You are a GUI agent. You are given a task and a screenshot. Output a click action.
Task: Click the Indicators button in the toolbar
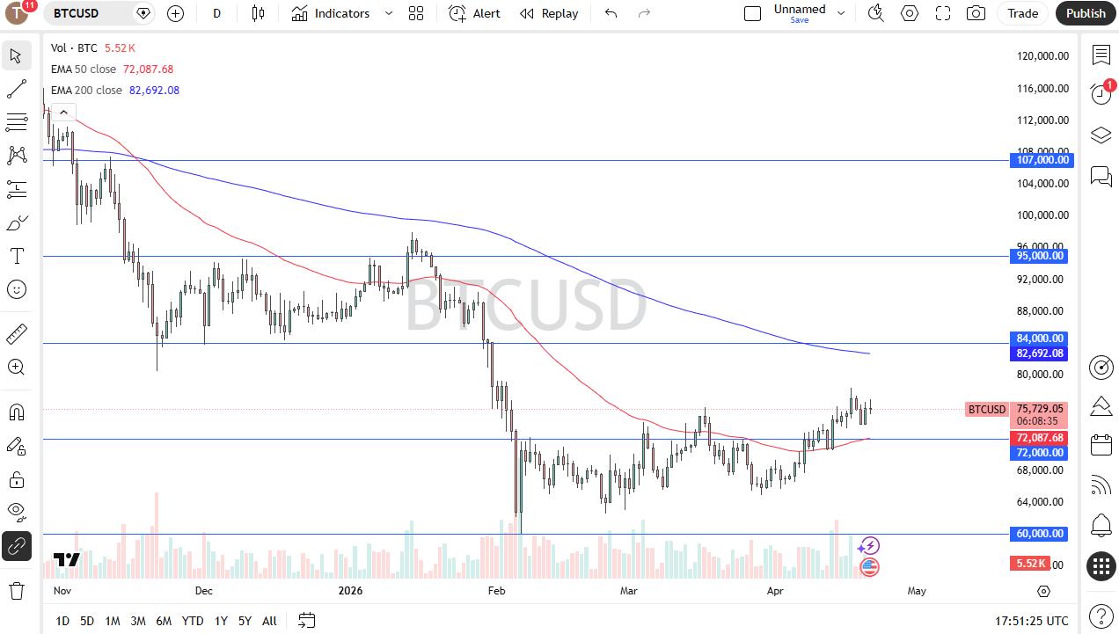tap(331, 13)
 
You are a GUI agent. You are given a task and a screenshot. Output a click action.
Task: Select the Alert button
tap(474, 13)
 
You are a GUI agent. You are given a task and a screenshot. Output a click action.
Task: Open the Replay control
tap(549, 13)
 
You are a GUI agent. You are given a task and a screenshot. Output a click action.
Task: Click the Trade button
tap(1022, 13)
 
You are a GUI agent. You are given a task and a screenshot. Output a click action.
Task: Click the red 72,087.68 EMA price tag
tap(1040, 438)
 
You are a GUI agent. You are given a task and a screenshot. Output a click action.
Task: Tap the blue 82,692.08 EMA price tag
tap(1041, 353)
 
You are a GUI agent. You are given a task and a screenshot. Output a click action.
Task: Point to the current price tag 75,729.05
tap(1040, 409)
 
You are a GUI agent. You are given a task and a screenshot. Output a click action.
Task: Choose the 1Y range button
tap(221, 621)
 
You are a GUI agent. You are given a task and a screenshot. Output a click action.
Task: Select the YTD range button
tap(193, 621)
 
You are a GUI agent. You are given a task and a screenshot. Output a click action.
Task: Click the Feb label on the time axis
tap(497, 591)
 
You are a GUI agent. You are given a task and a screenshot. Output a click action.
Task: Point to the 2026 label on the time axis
tap(350, 591)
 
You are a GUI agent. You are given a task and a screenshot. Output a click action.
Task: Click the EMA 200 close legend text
tap(86, 90)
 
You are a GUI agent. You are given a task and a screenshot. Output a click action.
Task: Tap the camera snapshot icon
tap(976, 13)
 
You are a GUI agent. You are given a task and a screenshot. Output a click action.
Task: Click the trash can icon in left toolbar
tap(16, 589)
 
